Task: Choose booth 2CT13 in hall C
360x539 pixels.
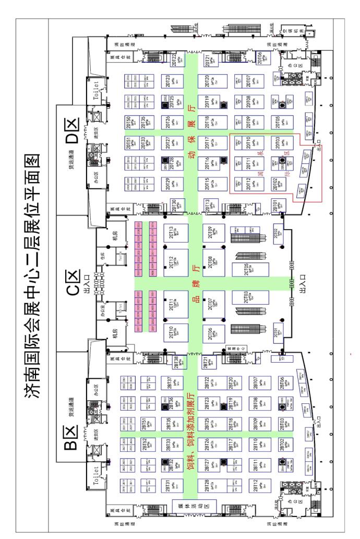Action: click(x=176, y=233)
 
